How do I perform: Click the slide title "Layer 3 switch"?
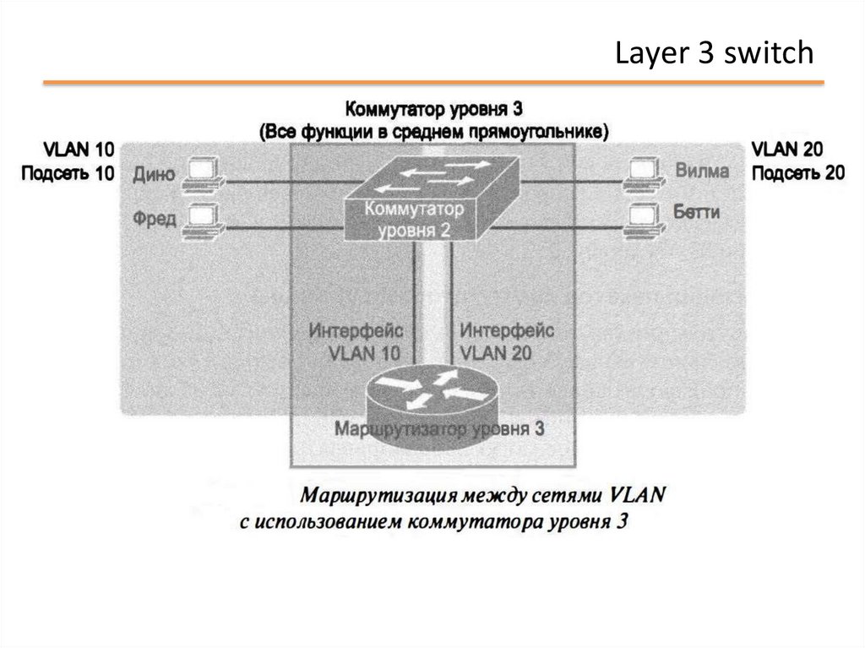click(x=714, y=54)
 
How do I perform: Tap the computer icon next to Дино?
click(x=202, y=173)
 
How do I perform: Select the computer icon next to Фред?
click(x=202, y=219)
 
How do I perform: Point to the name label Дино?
click(x=155, y=174)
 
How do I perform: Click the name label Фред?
click(x=155, y=219)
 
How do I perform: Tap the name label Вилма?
click(x=702, y=171)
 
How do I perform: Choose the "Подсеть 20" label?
click(x=797, y=173)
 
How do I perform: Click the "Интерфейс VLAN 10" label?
click(x=356, y=341)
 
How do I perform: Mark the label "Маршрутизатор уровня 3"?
click(x=439, y=428)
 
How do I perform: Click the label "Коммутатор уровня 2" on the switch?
click(x=415, y=219)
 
